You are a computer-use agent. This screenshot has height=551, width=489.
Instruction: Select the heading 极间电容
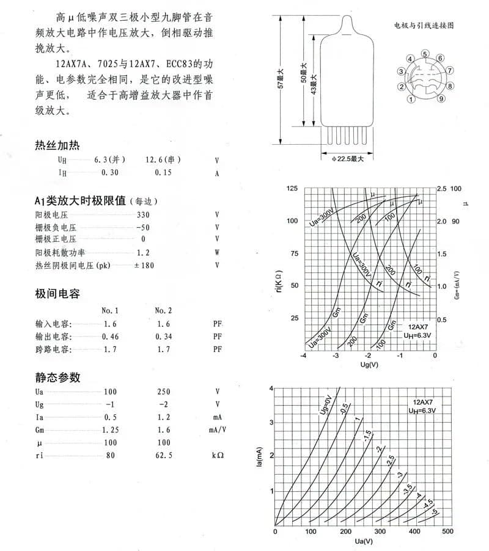(57, 294)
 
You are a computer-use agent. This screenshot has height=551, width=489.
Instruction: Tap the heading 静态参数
(57, 377)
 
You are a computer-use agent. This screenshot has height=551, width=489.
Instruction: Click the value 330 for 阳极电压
(143, 215)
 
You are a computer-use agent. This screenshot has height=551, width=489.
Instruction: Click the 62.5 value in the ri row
(164, 456)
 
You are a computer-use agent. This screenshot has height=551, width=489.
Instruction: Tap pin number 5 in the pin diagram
(424, 54)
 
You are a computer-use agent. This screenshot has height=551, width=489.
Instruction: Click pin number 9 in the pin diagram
(441, 99)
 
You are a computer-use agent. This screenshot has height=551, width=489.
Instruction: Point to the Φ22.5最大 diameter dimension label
(348, 159)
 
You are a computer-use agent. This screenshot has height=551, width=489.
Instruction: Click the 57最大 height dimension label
(281, 79)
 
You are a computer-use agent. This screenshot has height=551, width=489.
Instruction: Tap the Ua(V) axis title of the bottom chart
(363, 541)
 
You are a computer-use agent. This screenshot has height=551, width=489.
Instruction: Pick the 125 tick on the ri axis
(292, 189)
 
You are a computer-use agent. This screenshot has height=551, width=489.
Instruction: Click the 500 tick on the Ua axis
(447, 531)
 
